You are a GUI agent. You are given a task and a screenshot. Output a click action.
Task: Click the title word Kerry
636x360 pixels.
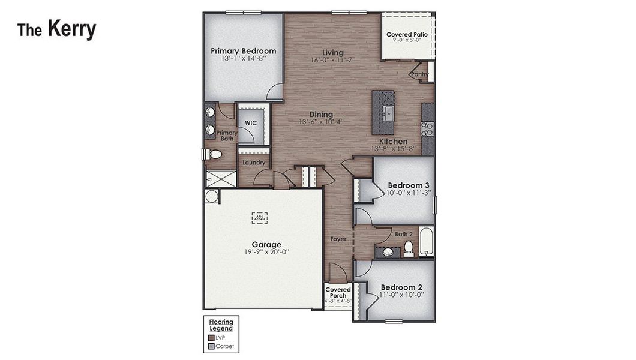pos(71,29)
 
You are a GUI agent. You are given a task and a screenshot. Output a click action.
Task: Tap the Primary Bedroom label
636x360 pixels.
pos(243,51)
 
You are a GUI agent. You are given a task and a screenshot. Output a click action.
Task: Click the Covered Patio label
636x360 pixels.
pos(407,35)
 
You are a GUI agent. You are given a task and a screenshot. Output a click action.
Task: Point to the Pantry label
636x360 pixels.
pos(420,74)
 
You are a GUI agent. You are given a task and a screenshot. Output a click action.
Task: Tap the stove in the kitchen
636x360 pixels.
pos(427,128)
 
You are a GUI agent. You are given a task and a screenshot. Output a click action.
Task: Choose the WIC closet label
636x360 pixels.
pos(251,122)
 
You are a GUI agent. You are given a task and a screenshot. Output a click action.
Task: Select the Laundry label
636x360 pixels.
pos(254,162)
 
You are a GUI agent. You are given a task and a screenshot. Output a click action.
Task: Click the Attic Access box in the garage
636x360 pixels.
pos(259,218)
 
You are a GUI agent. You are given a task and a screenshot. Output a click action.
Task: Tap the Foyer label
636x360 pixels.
pos(338,239)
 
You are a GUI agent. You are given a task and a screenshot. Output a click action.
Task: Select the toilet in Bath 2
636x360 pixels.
pos(409,247)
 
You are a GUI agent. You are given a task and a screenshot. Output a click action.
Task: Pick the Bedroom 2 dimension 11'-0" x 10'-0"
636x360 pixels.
pos(402,295)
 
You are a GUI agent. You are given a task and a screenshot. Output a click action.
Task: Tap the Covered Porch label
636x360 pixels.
pos(338,293)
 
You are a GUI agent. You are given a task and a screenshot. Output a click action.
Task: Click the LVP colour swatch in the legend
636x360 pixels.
pos(211,338)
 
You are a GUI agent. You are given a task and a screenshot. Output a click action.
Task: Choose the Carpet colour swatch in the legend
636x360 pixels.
pos(211,346)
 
